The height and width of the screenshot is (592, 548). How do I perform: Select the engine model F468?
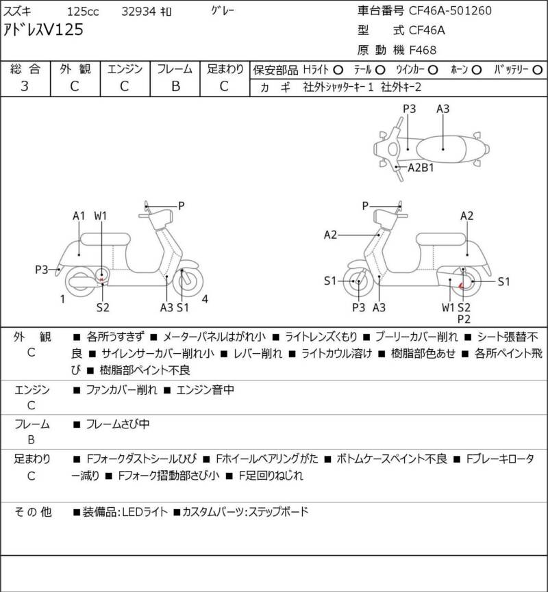click(423, 49)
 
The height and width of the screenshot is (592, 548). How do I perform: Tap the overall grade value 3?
click(25, 86)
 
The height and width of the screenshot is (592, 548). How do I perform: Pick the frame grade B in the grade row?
click(175, 86)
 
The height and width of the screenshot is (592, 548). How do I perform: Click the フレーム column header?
click(175, 69)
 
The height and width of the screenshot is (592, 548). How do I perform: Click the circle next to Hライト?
click(337, 70)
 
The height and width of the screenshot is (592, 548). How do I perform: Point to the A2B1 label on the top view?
click(422, 167)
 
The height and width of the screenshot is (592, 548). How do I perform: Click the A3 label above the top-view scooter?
click(443, 108)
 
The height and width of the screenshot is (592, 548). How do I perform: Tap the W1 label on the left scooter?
click(101, 216)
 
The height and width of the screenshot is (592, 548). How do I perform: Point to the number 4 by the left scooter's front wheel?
click(206, 298)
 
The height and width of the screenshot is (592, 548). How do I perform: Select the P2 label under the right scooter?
click(464, 319)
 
